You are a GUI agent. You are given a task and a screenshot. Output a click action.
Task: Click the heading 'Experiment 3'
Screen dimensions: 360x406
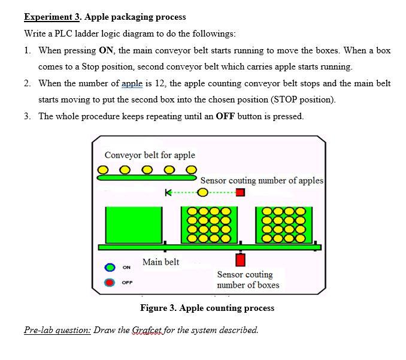click(x=52, y=17)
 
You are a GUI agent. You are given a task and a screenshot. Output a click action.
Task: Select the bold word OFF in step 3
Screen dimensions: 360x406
click(x=220, y=116)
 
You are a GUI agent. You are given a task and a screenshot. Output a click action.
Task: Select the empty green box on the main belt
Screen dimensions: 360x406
click(x=134, y=225)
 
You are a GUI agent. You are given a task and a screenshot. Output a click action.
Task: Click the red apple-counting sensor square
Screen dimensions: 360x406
click(x=240, y=193)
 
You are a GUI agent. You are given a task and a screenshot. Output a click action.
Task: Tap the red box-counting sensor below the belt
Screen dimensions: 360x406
click(x=240, y=260)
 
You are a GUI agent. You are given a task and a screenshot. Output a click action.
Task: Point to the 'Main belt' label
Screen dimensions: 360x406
click(x=160, y=262)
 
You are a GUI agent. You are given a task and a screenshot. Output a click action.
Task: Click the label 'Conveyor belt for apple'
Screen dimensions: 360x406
click(x=150, y=155)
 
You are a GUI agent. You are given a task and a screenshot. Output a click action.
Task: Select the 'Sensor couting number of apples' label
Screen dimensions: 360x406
click(x=262, y=180)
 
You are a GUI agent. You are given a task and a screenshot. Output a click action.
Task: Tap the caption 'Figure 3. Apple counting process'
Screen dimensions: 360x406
click(x=207, y=308)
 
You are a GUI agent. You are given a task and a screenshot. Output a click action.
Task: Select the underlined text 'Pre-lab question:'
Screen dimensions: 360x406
click(x=57, y=330)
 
